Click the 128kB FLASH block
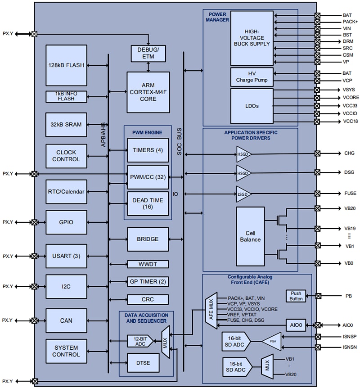coord(66,65)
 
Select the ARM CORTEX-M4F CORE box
coord(148,92)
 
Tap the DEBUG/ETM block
coord(148,54)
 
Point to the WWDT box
coord(148,264)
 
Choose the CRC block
coord(148,299)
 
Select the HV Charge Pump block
coord(252,77)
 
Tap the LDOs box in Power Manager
coord(252,106)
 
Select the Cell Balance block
coord(250,236)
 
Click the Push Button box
coord(296,296)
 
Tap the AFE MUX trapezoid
coord(211,308)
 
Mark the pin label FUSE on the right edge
coord(350,194)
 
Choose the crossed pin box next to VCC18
coord(317,122)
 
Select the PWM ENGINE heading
coord(147,132)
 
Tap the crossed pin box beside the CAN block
coord(34,320)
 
